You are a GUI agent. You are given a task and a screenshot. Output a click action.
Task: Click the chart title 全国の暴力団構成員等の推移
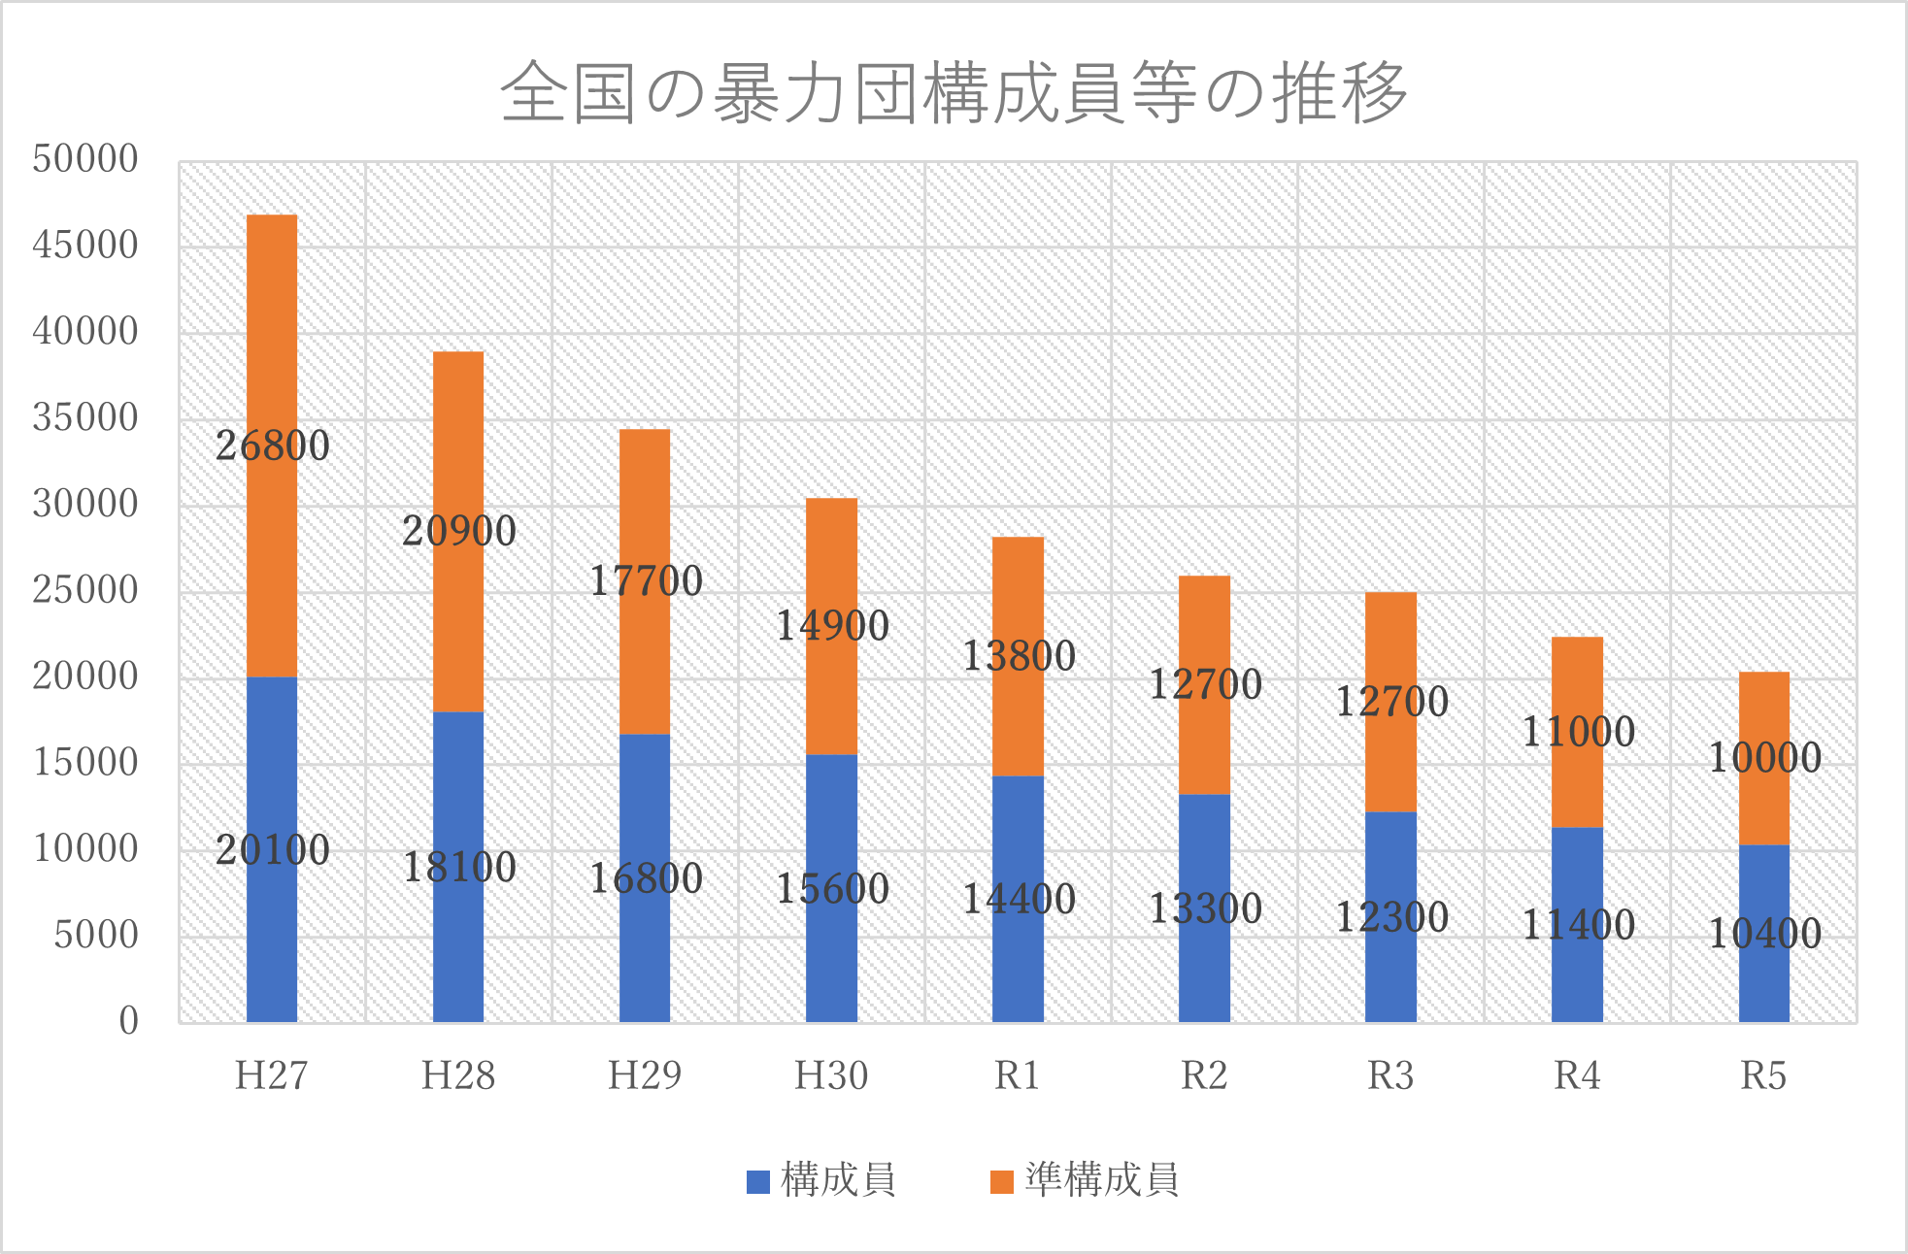[954, 93]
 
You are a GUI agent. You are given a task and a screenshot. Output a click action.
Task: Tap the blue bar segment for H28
[458, 932]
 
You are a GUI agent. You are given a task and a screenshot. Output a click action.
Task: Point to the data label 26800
[272, 446]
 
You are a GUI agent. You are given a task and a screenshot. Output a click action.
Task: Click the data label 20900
[458, 532]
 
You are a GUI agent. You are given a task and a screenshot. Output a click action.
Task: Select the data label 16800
[646, 879]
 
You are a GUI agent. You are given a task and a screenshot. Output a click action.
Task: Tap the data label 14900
[832, 626]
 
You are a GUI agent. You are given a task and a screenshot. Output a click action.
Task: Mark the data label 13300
[1205, 909]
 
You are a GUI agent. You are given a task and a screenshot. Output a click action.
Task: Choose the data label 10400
[1764, 934]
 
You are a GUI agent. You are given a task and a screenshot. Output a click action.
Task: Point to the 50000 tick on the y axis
[85, 159]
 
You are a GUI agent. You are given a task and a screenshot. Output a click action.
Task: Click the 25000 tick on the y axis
[85, 590]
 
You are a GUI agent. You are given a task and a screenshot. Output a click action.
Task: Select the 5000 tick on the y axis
[96, 936]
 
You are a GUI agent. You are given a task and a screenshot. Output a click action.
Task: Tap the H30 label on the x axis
[831, 1076]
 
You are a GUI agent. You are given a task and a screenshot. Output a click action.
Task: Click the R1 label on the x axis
[1018, 1076]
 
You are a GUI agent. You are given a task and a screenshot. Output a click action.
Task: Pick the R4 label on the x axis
[1577, 1076]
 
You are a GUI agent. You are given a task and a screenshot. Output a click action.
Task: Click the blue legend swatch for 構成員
[757, 1181]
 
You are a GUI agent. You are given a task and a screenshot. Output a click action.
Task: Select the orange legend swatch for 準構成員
[1001, 1181]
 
